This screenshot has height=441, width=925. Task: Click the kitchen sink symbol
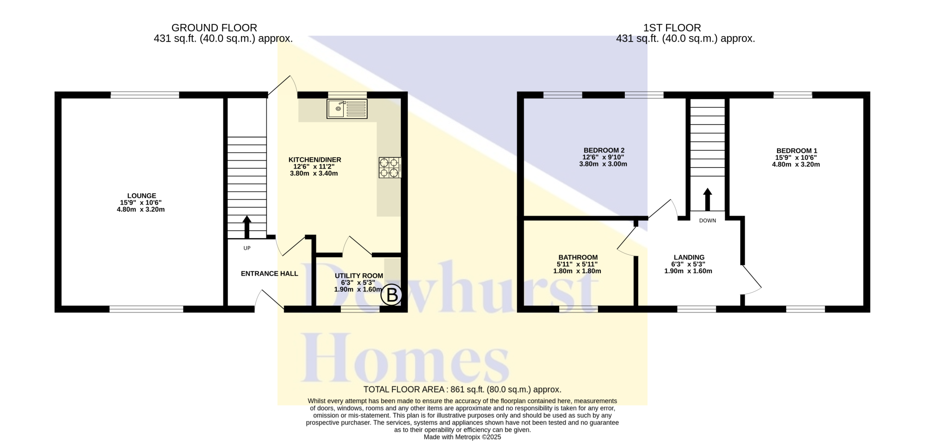coord(347,109)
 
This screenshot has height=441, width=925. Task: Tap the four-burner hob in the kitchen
coord(390,167)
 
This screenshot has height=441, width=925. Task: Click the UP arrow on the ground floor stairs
coord(247,227)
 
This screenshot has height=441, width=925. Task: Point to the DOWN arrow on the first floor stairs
coord(708,199)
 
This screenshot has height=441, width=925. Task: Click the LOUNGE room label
coord(142,196)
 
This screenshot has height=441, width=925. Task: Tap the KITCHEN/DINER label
coord(315,159)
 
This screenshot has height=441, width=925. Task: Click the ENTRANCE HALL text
coord(270,274)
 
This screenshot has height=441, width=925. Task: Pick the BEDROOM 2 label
coord(604,150)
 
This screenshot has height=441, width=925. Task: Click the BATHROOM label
coord(578,257)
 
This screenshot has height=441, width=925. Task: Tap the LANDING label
coord(689,257)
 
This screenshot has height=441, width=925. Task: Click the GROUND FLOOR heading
coord(214,28)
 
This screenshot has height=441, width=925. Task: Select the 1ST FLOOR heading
coord(672,28)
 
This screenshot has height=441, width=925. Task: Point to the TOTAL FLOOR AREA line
coord(462,390)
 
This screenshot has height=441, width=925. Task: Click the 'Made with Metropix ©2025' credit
coord(462,437)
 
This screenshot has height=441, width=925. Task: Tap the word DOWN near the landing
coord(708,220)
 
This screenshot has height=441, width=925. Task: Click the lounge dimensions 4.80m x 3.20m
coord(141,209)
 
